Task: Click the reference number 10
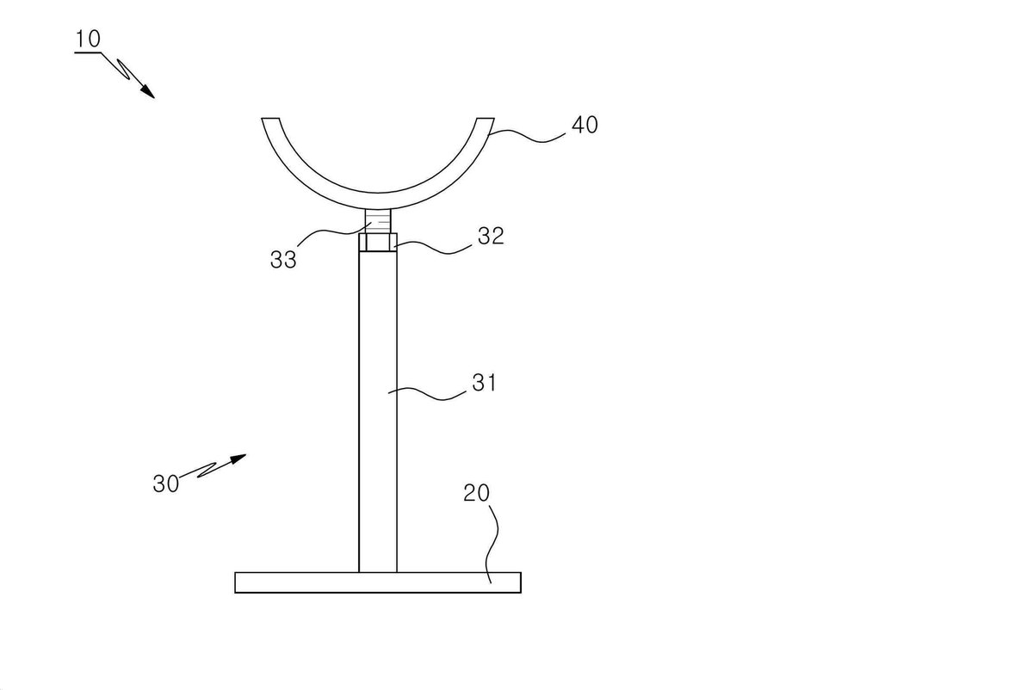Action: click(x=88, y=39)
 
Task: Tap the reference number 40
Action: click(x=585, y=125)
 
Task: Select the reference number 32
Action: click(x=491, y=236)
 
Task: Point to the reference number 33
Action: click(x=283, y=260)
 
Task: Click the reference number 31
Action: click(x=484, y=383)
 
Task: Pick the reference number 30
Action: click(x=165, y=484)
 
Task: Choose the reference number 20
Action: click(x=476, y=493)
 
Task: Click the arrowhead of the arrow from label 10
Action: click(x=148, y=92)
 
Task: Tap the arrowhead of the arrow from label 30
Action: click(x=238, y=459)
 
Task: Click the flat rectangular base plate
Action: click(x=378, y=582)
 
